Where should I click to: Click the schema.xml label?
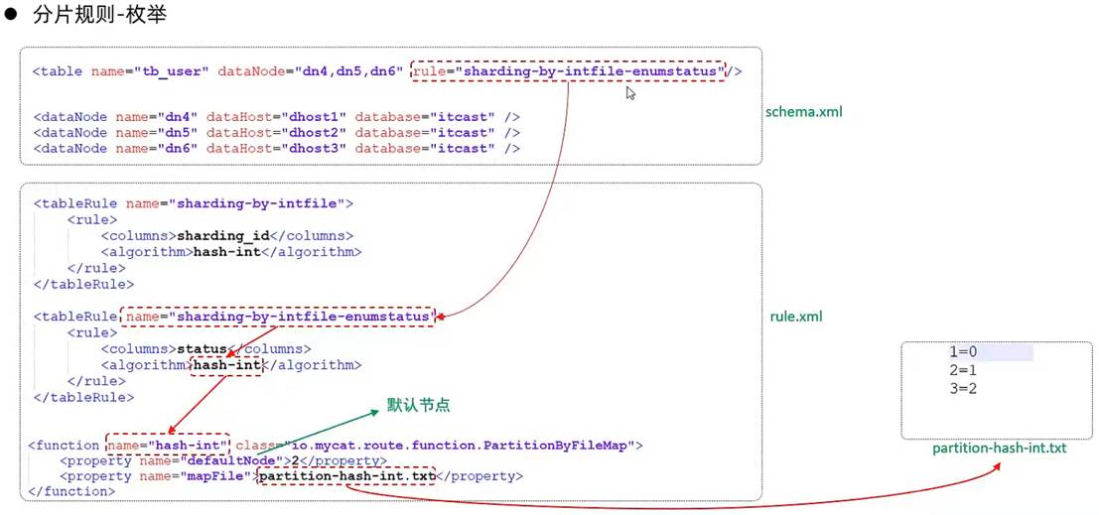[x=804, y=111]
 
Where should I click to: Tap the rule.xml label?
[x=796, y=317]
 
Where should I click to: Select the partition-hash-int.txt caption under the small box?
[x=999, y=449]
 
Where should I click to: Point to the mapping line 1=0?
[x=963, y=352]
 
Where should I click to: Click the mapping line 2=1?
[x=963, y=370]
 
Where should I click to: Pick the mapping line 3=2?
[x=963, y=388]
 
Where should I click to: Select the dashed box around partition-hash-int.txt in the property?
[x=346, y=476]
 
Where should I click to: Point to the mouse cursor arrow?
[x=630, y=92]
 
